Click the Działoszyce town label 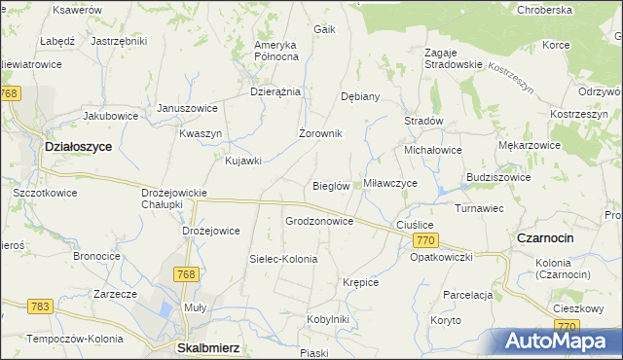tap(78, 146)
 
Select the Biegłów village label tap(331, 186)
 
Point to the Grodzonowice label tap(319, 221)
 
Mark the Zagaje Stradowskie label tap(453, 57)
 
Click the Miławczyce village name tap(390, 183)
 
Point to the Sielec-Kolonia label tap(283, 260)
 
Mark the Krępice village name tap(360, 282)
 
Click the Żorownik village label tap(319, 133)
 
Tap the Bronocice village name tap(96, 257)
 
